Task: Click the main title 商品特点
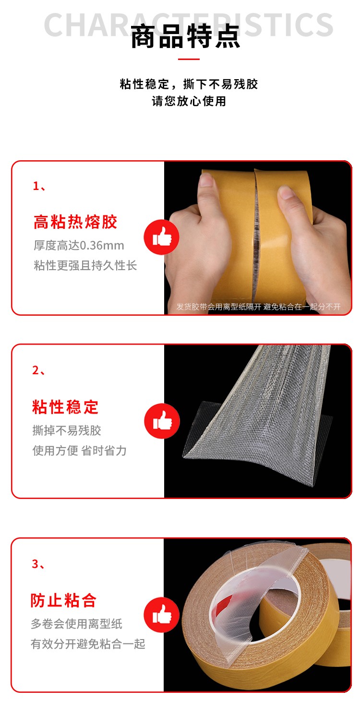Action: point(185,36)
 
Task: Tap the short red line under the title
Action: point(189,59)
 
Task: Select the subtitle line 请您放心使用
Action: point(189,101)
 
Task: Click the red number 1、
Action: point(39,186)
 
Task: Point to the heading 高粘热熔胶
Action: point(75,222)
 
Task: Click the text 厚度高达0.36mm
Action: point(79,246)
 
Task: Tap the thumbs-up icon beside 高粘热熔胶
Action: point(161,237)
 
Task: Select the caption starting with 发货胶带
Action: point(258,307)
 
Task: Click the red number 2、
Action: point(38,370)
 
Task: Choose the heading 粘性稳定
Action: point(65,407)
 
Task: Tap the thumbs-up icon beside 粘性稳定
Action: point(162,421)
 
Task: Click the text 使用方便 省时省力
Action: point(80,451)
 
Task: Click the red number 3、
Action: point(38,564)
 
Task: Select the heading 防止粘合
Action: point(64,601)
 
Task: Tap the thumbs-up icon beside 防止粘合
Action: point(161,615)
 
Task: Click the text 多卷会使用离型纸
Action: point(77,624)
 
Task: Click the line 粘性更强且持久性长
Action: point(85,266)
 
